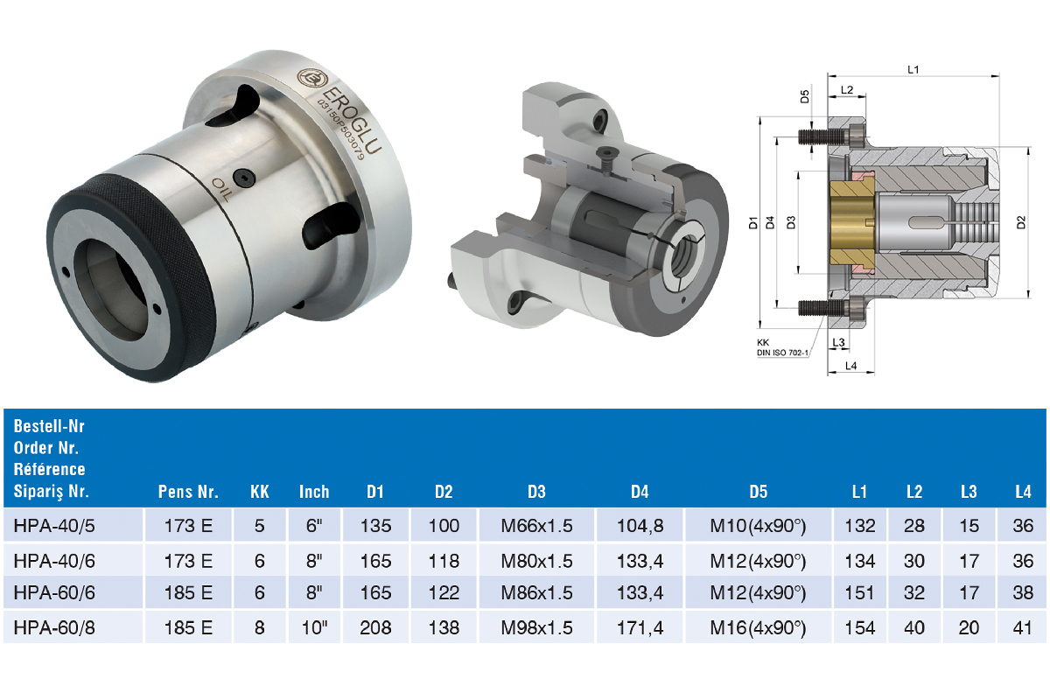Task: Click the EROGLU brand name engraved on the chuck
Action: (x=352, y=120)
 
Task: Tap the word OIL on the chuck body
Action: (x=220, y=189)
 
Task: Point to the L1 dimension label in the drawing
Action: (x=913, y=70)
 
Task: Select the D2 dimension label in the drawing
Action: (x=1021, y=222)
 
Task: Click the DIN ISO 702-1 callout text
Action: (x=782, y=353)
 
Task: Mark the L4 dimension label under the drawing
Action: (x=850, y=366)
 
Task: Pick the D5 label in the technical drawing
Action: (x=804, y=96)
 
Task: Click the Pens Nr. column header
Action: (x=188, y=492)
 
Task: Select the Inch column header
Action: (x=314, y=492)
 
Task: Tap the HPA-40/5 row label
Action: (x=54, y=526)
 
